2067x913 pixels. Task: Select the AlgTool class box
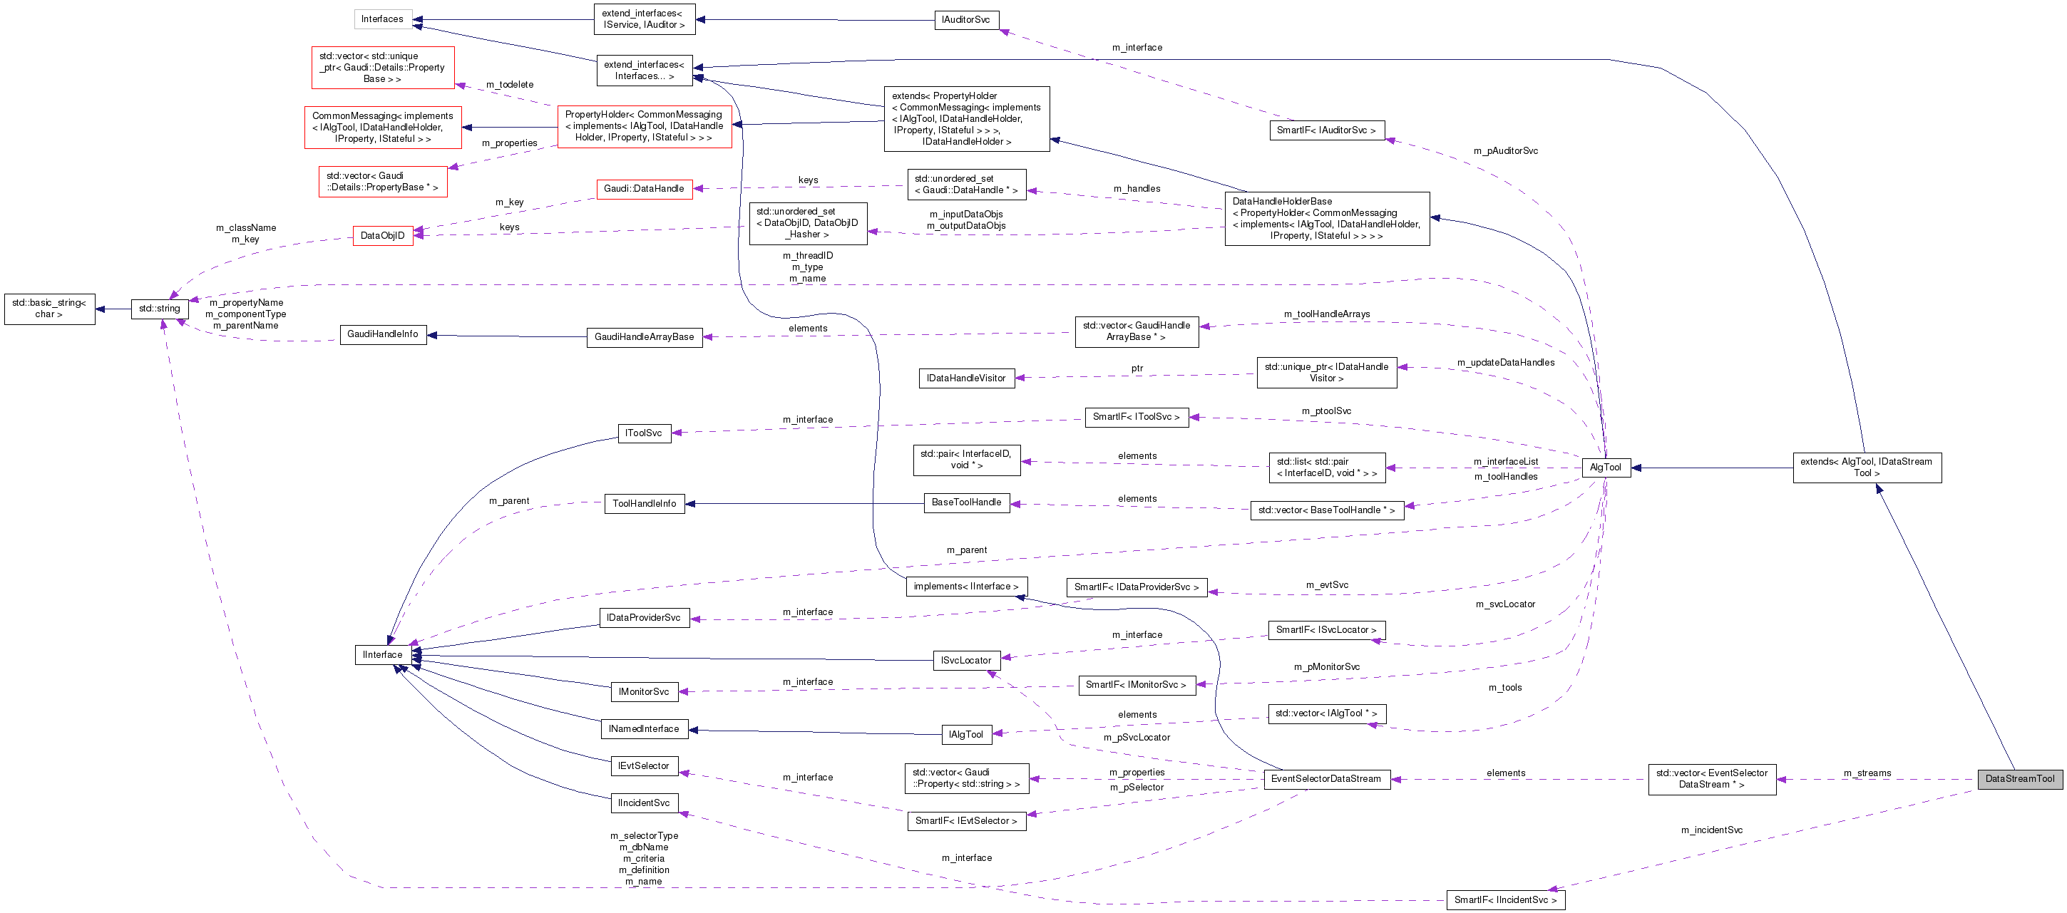coord(1605,467)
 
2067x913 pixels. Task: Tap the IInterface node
coord(382,655)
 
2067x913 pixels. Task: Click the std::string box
coord(159,308)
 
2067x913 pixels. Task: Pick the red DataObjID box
coord(383,235)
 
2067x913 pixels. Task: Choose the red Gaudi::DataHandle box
coord(644,189)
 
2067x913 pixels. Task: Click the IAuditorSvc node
coord(965,19)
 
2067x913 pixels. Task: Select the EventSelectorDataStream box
coord(1325,778)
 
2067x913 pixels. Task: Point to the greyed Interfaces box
coord(382,19)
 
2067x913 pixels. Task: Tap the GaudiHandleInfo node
coord(383,334)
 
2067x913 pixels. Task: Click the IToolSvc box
coord(644,433)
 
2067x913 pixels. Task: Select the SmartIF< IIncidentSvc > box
coord(1504,899)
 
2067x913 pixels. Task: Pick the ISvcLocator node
coord(965,660)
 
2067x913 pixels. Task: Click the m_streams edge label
coord(1867,773)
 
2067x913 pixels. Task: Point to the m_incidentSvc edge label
coord(1711,830)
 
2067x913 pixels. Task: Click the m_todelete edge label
coord(510,84)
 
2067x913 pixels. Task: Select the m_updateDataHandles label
coord(1505,362)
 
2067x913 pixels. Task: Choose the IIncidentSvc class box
coord(644,803)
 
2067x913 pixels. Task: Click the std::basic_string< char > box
coord(49,308)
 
